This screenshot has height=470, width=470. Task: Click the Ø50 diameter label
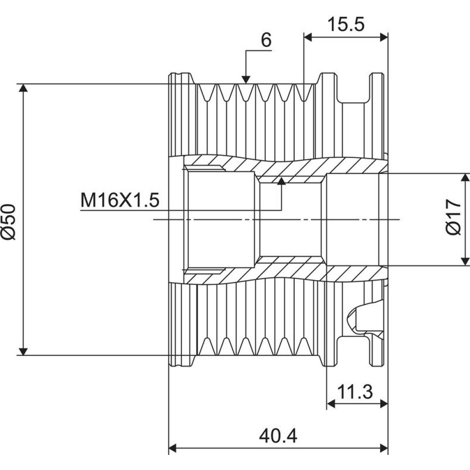tap(8, 222)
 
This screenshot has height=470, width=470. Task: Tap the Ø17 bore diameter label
tap(454, 217)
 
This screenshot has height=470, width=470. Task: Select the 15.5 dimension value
tap(346, 24)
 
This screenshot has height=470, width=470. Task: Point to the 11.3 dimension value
tap(355, 391)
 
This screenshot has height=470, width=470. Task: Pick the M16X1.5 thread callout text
tap(120, 200)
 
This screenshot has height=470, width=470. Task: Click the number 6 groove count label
tap(266, 39)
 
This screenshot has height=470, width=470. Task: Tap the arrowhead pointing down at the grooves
tap(246, 79)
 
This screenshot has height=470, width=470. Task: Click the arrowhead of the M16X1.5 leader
tap(281, 181)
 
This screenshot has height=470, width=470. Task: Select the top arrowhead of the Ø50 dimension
tap(23, 88)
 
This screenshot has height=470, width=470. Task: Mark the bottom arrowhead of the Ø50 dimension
tap(23, 351)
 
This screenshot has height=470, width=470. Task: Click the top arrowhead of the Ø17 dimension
tap(465, 177)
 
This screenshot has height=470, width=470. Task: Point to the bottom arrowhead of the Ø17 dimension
tap(465, 262)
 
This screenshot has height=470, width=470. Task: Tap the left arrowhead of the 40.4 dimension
tap(173, 449)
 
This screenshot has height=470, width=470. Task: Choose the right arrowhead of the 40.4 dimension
tap(384, 449)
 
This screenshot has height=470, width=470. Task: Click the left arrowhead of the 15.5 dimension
tap(308, 37)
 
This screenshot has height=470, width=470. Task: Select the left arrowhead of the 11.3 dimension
tap(330, 404)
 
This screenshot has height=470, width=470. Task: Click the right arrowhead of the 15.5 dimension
tap(384, 37)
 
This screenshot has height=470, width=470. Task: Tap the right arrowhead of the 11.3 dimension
tap(384, 404)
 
